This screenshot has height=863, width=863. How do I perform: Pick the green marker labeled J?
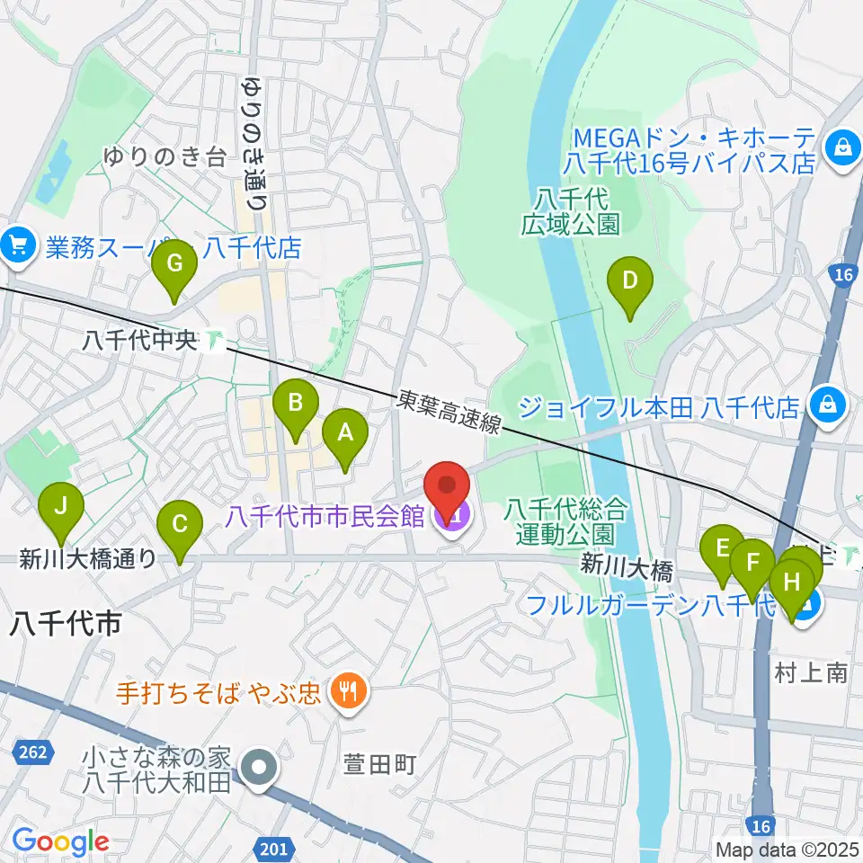(x=60, y=506)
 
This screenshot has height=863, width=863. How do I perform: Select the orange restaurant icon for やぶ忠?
(x=345, y=691)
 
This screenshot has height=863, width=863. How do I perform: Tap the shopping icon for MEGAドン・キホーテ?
(x=843, y=145)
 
